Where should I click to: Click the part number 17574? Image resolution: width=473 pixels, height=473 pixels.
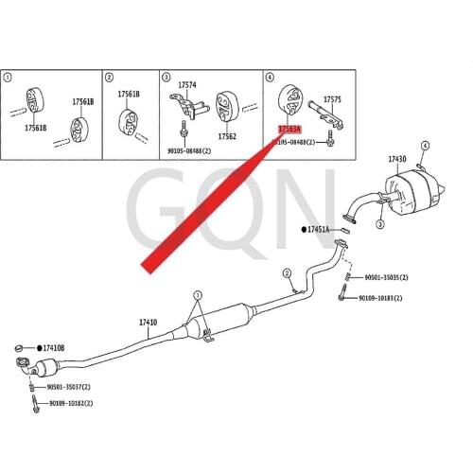[x=188, y=84]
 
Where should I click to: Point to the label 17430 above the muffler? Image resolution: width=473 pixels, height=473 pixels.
[x=398, y=159]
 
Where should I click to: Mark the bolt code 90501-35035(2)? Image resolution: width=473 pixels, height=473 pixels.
[x=387, y=278]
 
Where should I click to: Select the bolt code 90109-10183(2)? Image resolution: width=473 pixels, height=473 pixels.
[x=379, y=298]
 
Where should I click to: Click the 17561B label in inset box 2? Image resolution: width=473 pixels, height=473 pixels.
[x=129, y=94]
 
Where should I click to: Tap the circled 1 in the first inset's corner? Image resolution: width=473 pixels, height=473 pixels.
[x=9, y=77]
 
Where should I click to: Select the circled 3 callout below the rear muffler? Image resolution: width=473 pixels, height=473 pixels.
[x=379, y=225]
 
